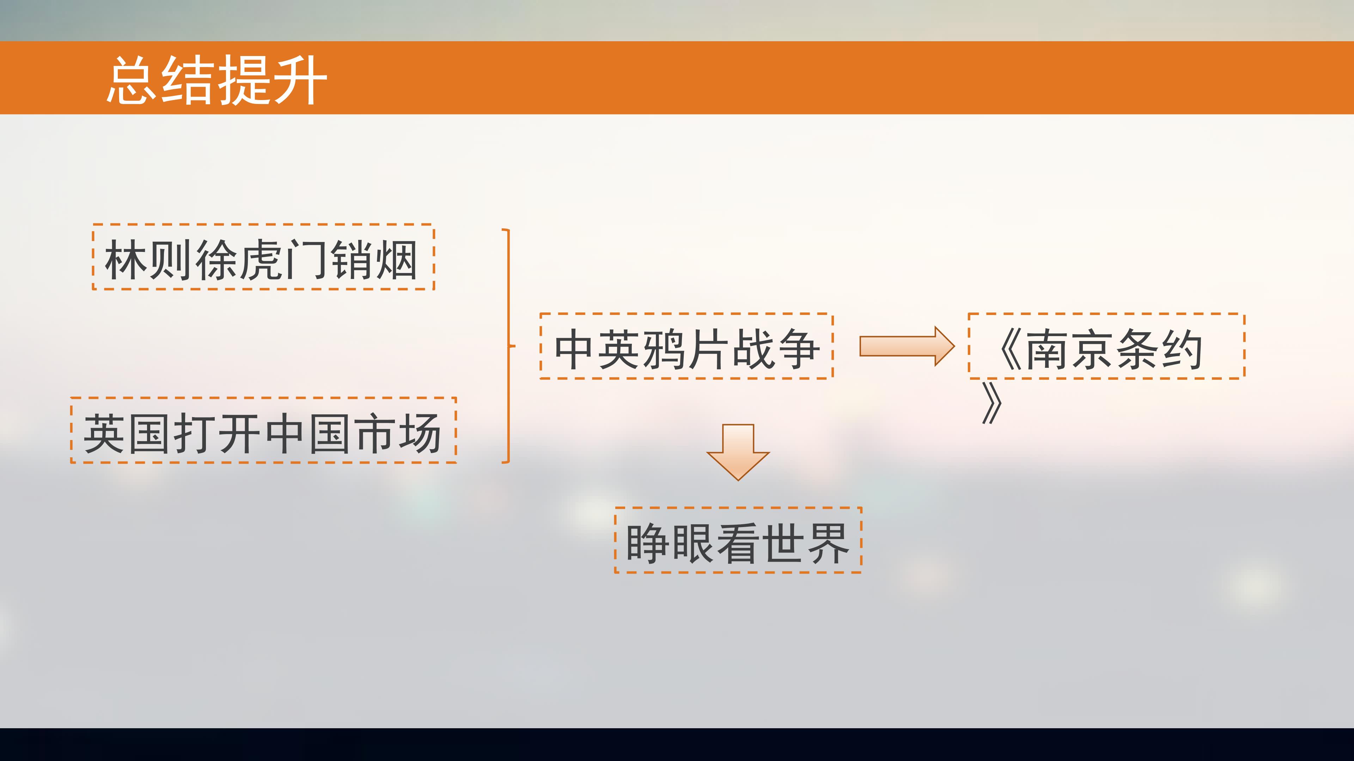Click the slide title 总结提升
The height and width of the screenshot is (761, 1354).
coord(217,80)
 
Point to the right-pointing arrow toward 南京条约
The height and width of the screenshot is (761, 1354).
coord(907,346)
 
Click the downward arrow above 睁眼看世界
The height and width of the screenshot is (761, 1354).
coord(738,452)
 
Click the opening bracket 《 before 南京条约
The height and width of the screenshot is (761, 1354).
coord(1010,349)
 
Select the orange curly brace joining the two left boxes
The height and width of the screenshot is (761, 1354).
coord(509,346)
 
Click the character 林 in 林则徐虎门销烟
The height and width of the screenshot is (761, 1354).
coord(126,259)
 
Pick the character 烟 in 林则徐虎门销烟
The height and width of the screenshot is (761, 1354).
coord(397,259)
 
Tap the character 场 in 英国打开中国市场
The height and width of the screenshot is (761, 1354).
coord(420,433)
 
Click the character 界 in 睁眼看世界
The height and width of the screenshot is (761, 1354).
coord(828,543)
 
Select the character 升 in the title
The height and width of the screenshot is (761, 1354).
coord(301,80)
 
